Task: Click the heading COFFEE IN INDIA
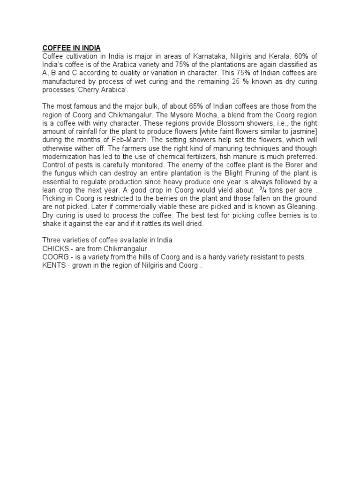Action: (72, 48)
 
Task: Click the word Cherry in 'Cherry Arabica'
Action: (88, 90)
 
